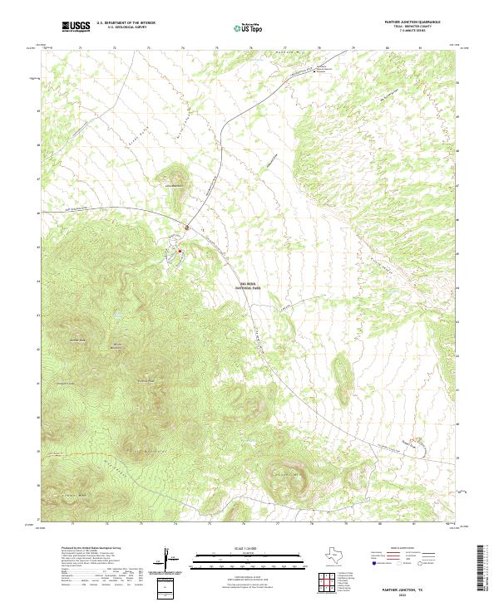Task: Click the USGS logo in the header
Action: pyautogui.click(x=76, y=27)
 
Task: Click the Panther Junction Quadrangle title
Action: pyautogui.click(x=403, y=22)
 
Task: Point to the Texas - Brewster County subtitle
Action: pyautogui.click(x=403, y=27)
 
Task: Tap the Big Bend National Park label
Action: pyautogui.click(x=247, y=284)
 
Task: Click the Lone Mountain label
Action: pyautogui.click(x=173, y=185)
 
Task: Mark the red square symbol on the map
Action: pyautogui.click(x=180, y=248)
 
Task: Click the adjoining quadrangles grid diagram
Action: pyautogui.click(x=330, y=584)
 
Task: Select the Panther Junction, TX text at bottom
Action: pyautogui.click(x=403, y=586)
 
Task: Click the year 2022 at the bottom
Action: pyautogui.click(x=403, y=592)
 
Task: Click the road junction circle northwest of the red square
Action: pyautogui.click(x=188, y=227)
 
